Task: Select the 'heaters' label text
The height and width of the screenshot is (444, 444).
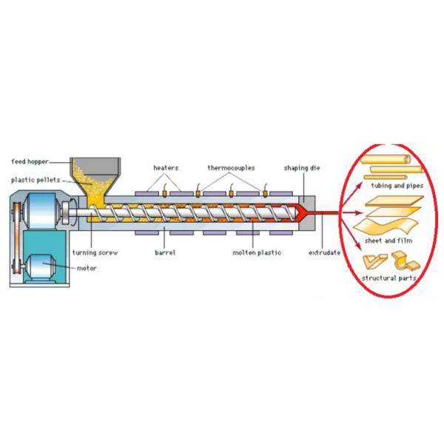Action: [166, 168]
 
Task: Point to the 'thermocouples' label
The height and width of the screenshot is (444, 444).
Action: [231, 168]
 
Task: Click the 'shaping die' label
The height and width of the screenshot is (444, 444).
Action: [300, 168]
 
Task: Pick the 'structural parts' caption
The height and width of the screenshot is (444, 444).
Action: [388, 277]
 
